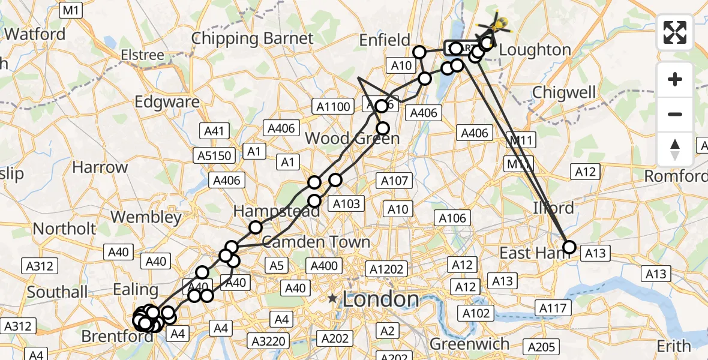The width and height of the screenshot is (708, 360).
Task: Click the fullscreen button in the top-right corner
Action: pos(675,32)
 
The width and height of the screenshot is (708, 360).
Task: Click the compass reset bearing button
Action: pos(675,149)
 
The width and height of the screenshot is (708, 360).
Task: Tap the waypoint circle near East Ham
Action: pos(569,247)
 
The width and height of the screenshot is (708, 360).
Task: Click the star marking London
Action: pos(332,298)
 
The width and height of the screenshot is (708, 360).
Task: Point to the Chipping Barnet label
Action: pos(252,38)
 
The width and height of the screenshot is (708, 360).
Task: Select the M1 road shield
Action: pos(71,10)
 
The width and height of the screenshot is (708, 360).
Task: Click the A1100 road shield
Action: pos(332,107)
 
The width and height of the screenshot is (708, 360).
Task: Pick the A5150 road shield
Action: pos(214,155)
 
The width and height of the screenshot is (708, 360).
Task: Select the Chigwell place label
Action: pos(564,92)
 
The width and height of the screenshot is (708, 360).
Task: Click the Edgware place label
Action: pos(167,102)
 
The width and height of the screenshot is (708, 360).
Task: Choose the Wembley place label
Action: pos(146,217)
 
